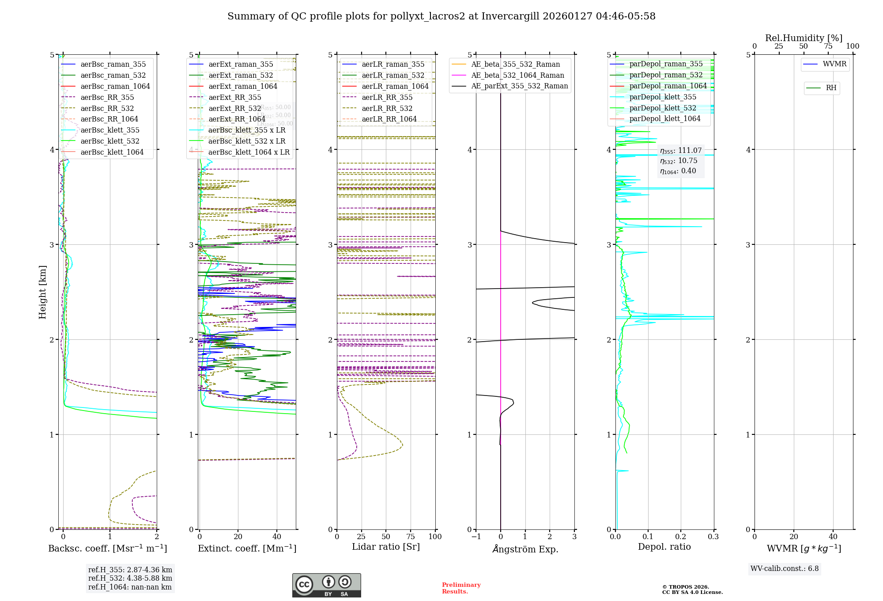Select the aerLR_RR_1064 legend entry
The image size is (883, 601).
389,119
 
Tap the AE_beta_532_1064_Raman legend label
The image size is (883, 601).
517,76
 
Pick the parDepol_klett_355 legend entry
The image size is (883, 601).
663,97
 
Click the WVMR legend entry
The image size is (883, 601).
834,64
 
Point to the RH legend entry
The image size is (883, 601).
831,88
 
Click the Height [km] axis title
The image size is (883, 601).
42,292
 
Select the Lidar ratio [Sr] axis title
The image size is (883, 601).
386,547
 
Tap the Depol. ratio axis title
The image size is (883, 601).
664,547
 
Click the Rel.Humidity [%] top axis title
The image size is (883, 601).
804,38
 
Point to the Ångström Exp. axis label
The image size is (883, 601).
525,549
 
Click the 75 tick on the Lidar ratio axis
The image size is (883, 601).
411,537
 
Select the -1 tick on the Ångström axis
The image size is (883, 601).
476,537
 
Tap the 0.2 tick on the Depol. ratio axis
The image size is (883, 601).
681,537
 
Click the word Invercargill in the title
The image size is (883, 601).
510,16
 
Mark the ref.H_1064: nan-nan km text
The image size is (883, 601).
130,587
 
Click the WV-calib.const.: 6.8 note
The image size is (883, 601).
785,569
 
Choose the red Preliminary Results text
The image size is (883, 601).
461,588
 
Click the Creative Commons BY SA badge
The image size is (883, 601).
326,586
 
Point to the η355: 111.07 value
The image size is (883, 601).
680,151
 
